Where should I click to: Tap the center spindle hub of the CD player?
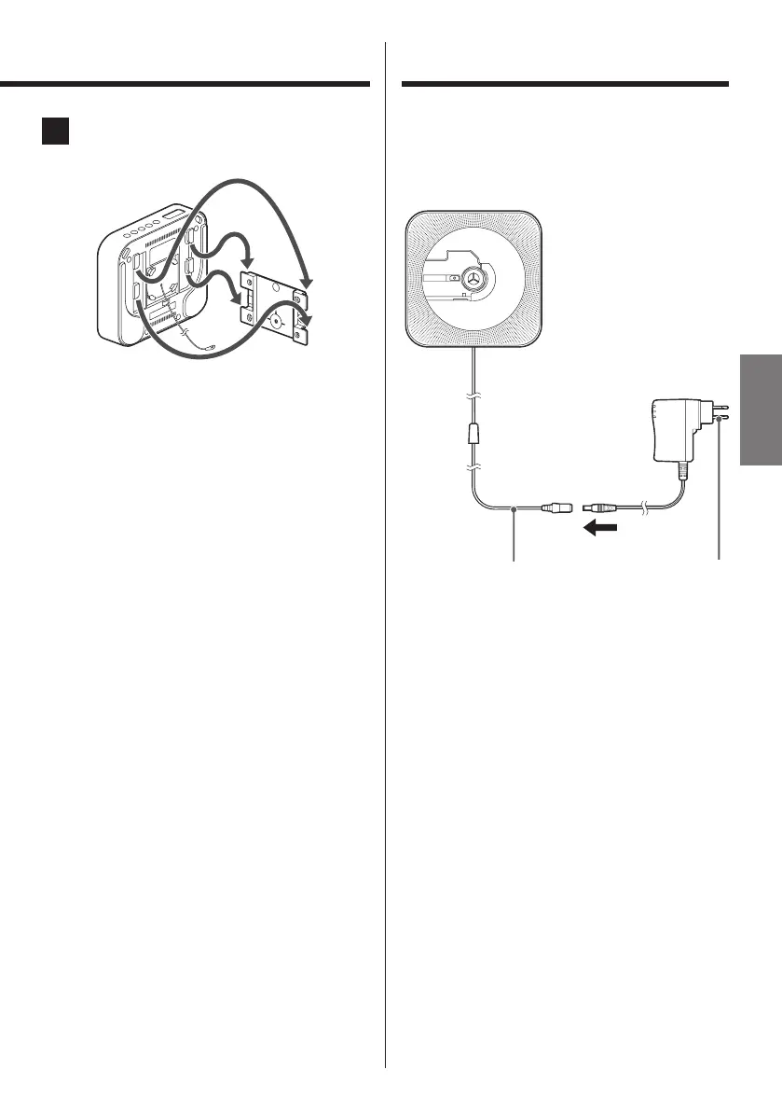click(474, 278)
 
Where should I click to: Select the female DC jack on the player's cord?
click(556, 508)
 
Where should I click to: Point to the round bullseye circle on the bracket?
click(275, 320)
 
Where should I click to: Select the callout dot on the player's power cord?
click(515, 508)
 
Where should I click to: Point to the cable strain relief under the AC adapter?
click(685, 471)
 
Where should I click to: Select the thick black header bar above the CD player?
click(565, 85)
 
